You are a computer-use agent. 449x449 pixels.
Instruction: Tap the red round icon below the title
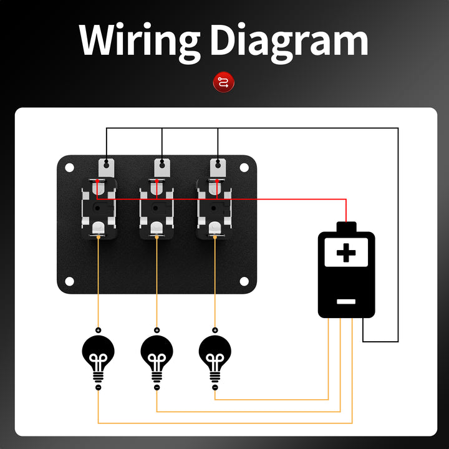point(224,82)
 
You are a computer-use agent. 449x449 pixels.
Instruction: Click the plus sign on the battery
point(346,253)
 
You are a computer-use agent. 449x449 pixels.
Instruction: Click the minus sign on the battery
point(346,301)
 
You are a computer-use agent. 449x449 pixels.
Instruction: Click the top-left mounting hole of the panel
point(70,168)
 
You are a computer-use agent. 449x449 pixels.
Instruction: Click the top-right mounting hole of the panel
point(244,168)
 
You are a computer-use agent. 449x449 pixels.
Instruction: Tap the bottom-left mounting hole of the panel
point(70,281)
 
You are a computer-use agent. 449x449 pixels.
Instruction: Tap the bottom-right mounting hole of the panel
point(244,281)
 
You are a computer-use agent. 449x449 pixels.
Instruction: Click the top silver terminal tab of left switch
point(107,167)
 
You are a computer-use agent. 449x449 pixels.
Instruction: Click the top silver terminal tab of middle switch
point(162,167)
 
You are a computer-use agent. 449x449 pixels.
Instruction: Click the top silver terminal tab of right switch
point(218,167)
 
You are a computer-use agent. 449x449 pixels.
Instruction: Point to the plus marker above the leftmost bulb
point(98,330)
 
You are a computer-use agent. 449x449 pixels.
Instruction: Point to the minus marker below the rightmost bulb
point(215,387)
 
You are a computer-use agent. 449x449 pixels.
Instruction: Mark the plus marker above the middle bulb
point(157,330)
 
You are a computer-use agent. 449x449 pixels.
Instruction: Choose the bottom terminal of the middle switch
point(157,229)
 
